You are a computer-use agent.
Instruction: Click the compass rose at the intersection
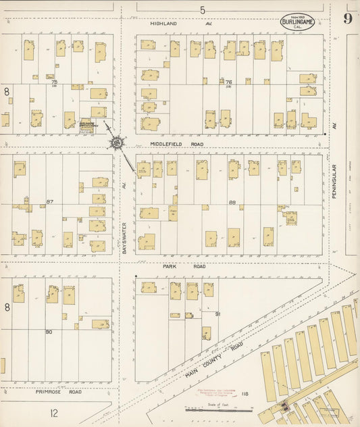tap(118, 143)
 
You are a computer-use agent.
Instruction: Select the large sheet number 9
tap(347, 18)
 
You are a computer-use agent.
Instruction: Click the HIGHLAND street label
tap(163, 23)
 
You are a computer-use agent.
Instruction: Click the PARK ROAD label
tap(174, 266)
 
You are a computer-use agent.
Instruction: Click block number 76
tap(220, 82)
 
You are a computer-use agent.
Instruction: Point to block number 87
tap(49, 201)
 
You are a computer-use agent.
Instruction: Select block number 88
tap(232, 201)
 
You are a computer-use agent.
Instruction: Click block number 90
tap(49, 332)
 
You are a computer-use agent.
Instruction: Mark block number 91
tap(217, 314)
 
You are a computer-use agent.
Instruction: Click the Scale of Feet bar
tap(218, 409)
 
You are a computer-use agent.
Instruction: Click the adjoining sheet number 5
tap(202, 9)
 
